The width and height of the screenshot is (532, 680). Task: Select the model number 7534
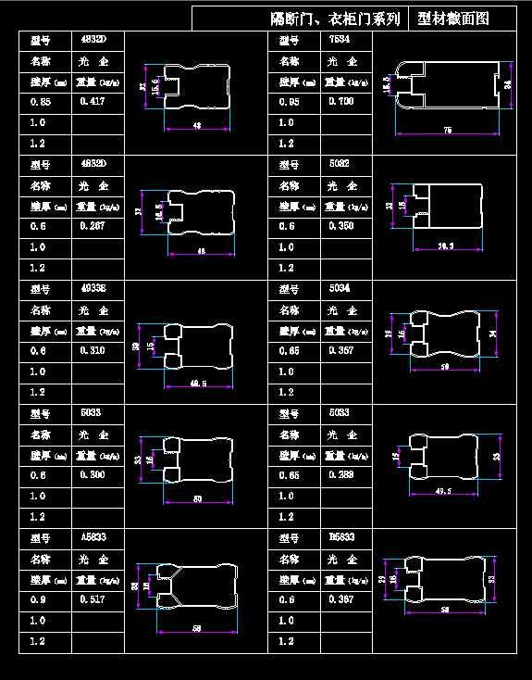[340, 39]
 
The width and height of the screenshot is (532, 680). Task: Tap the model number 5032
[340, 163]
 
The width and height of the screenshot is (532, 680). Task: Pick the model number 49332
[93, 288]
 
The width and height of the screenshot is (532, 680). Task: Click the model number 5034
[340, 288]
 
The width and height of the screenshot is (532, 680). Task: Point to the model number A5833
[93, 537]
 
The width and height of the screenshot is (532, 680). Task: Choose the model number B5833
[340, 537]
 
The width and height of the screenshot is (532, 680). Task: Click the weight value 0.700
[340, 101]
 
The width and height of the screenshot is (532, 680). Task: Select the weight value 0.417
[92, 101]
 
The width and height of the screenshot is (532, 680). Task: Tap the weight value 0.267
[92, 226]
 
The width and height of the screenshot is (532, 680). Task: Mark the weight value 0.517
[92, 599]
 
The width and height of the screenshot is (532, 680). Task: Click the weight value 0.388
[340, 475]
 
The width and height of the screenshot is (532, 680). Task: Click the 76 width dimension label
[448, 131]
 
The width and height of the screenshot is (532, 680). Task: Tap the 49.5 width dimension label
[442, 491]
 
